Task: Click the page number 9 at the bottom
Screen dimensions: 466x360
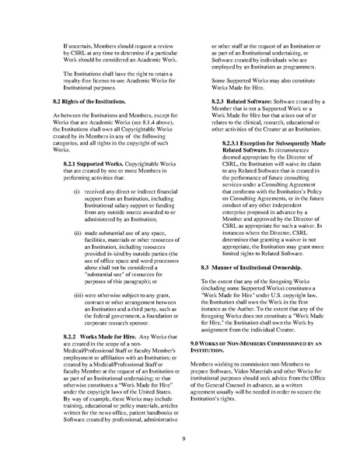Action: click(180, 440)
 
